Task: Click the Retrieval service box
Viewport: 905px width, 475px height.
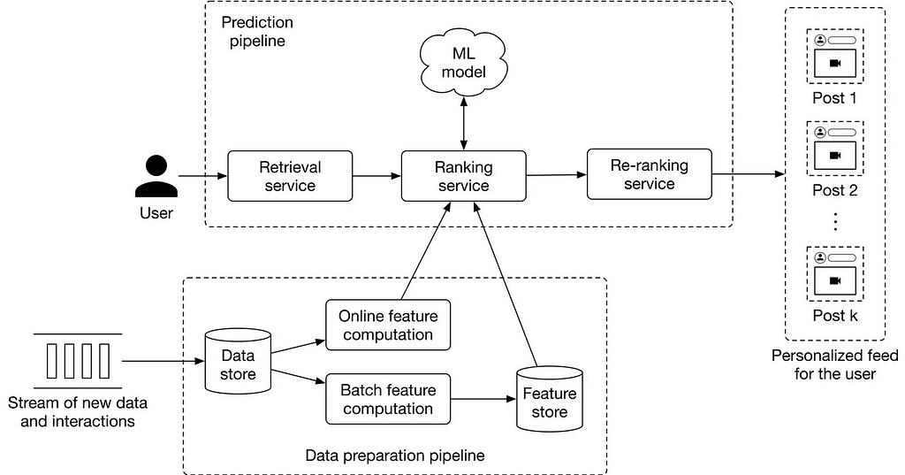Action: [290, 176]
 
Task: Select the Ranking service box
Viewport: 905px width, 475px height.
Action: [463, 176]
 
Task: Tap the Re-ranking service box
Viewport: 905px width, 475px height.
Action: [650, 174]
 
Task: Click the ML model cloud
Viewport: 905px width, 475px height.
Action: [463, 63]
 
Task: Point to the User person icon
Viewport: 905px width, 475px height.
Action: [156, 177]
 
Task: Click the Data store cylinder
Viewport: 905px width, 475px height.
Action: [238, 360]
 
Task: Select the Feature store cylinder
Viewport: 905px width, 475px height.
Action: [550, 399]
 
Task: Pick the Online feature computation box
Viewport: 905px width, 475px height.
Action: [388, 325]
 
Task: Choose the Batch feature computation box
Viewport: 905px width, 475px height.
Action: [388, 399]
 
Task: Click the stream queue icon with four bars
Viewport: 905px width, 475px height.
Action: [78, 361]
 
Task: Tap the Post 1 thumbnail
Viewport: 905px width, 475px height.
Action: [834, 56]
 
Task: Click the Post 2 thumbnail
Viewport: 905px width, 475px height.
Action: [834, 149]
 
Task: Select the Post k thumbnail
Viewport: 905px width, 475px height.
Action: [834, 274]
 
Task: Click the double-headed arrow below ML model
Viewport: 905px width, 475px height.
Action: [463, 123]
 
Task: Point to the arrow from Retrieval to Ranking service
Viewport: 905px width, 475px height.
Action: [376, 176]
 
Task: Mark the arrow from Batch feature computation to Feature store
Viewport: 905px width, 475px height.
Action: [483, 399]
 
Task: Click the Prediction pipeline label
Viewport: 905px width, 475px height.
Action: [257, 32]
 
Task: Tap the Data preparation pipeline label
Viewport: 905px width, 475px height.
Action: [395, 456]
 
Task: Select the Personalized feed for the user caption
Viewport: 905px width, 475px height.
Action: [834, 364]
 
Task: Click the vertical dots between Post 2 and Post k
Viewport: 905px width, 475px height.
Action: [834, 221]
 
